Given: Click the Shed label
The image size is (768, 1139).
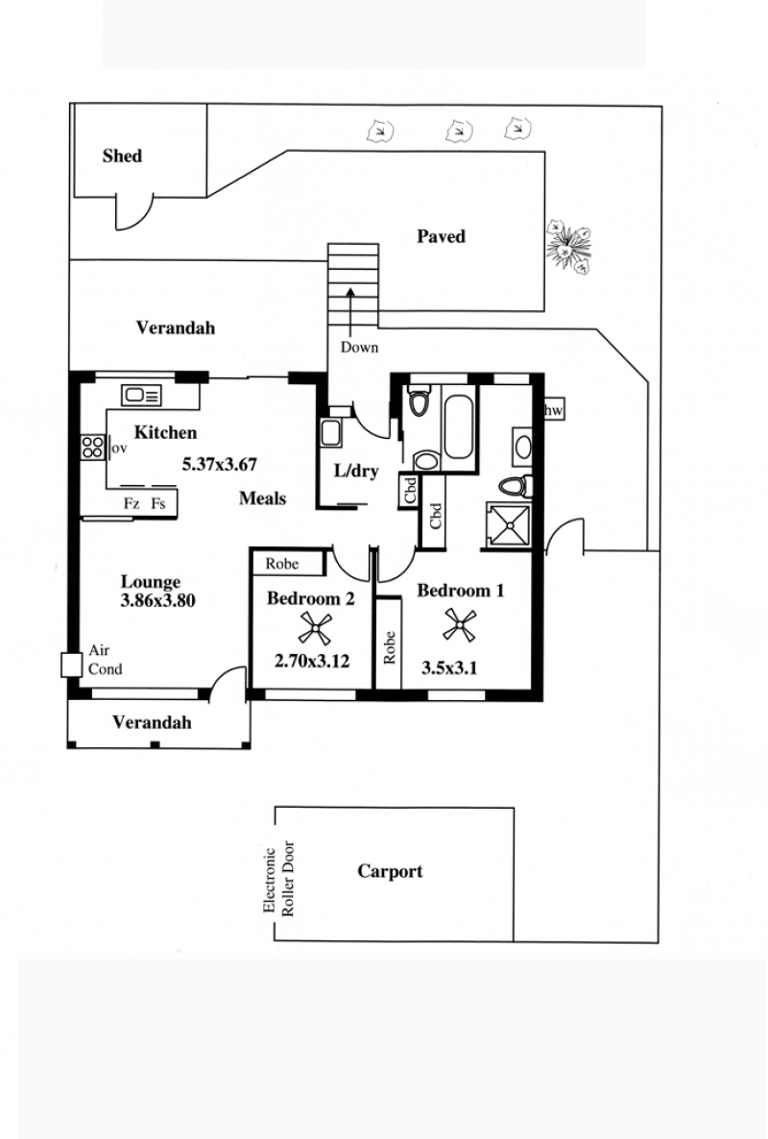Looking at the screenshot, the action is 122,156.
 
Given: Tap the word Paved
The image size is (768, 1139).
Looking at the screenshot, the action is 441,236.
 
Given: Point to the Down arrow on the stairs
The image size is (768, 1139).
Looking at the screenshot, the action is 350,310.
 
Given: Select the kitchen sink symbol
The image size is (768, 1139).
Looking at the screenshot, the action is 141,396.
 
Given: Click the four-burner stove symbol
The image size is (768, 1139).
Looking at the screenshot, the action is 92,447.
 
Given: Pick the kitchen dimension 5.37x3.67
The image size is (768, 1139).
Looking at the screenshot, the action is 219,464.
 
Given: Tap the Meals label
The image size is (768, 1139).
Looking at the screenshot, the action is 262,498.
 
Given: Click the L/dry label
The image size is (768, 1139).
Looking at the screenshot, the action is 356,471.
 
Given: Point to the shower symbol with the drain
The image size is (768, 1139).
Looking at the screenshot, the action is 511,522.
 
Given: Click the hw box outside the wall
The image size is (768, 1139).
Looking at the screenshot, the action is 554,410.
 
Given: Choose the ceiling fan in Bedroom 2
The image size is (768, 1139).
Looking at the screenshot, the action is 315,628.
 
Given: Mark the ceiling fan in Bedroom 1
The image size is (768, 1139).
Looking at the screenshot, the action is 460,624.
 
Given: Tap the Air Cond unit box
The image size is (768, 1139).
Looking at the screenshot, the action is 71,666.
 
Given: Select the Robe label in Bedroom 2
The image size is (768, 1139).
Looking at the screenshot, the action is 281,564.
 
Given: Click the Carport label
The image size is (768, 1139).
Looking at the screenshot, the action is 390,871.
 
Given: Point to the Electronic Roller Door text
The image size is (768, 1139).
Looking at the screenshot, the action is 278,879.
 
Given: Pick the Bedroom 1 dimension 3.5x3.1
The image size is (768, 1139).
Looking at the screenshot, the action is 449,667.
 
